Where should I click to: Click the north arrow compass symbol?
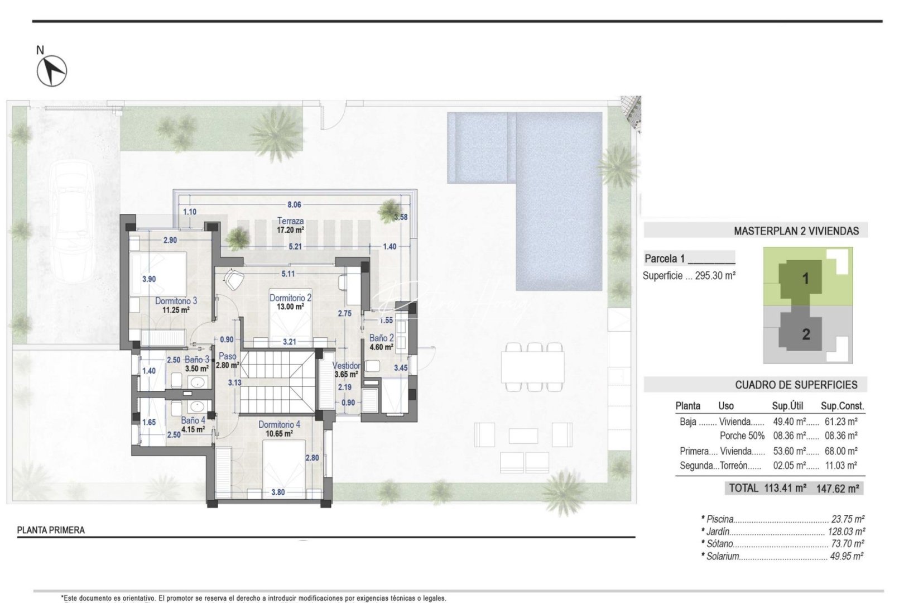pos(52,71)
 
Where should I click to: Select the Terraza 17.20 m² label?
pos(290,225)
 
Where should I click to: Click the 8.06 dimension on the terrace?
pos(294,205)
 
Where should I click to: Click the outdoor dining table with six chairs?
pos(532,367)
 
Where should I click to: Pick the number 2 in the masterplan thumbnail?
pos(806,334)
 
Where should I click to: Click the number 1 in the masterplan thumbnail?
pos(805,278)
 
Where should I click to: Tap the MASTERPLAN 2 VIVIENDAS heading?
pos(796,231)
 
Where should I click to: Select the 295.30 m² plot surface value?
pos(715,275)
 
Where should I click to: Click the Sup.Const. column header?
pos(842,406)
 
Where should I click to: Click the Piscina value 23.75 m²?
pos(848,519)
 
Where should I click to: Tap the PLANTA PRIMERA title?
pos(51,530)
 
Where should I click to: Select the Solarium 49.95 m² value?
pos(847,556)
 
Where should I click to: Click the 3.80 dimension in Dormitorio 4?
pos(278,492)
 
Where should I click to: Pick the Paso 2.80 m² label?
pos(228,361)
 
